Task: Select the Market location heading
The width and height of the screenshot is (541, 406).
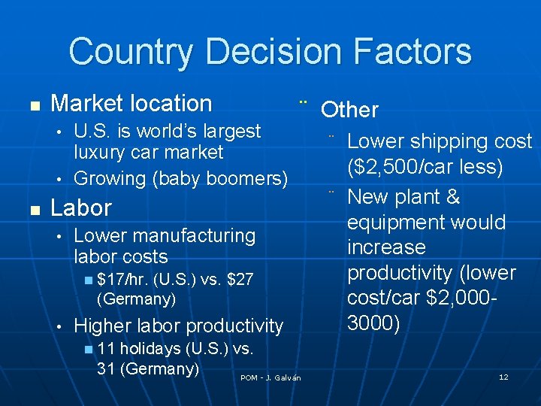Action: point(131,103)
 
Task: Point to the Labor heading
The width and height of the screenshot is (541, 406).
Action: point(80,208)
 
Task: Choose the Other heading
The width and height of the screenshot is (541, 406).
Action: point(349,110)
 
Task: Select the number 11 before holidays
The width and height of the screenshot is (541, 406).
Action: point(106,349)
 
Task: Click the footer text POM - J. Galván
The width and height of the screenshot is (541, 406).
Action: point(270,377)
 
